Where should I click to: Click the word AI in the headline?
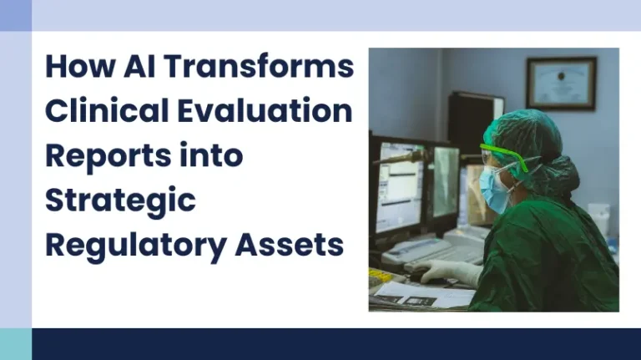[x=123, y=67]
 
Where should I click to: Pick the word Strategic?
[x=120, y=201]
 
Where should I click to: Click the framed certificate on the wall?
[x=561, y=83]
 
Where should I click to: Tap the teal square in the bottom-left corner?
[x=15, y=343]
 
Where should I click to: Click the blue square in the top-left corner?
[x=15, y=15]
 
